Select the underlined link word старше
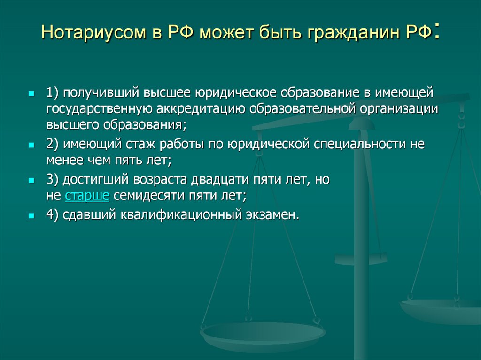point(87,196)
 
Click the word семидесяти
point(150,196)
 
